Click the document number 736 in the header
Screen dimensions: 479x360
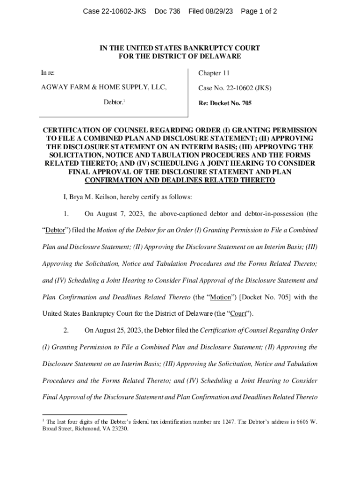[174, 11]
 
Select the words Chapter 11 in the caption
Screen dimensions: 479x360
[214, 73]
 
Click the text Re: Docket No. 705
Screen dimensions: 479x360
[224, 103]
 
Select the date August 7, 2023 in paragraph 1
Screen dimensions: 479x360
[121, 214]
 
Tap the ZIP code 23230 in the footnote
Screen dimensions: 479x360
[119, 428]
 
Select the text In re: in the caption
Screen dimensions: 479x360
[48, 73]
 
